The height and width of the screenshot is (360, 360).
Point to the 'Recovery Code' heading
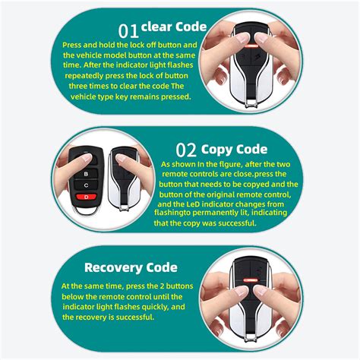(x=131, y=267)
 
